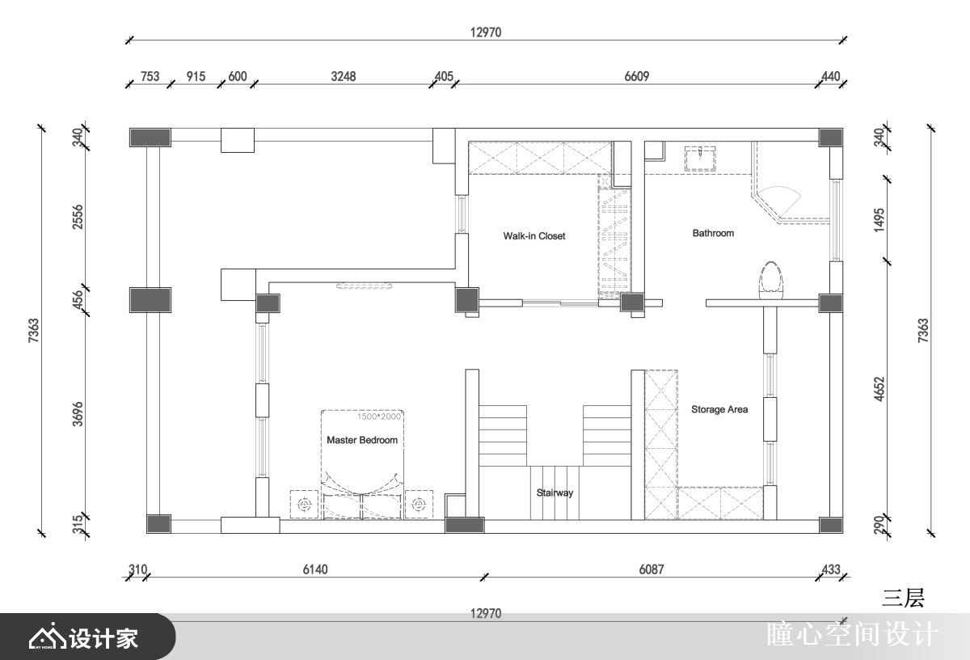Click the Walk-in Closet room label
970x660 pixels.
534,236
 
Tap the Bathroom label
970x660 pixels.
713,233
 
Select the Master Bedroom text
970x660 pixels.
362,440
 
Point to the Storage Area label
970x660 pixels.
719,409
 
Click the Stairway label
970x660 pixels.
555,493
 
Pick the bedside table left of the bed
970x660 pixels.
305,504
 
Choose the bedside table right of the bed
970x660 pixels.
419,504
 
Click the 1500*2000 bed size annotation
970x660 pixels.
379,417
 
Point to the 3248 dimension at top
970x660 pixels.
344,77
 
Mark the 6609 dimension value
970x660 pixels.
637,77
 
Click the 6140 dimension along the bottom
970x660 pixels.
315,569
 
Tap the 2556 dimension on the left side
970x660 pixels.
78,216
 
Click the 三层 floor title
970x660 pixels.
903,598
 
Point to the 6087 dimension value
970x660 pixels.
651,569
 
